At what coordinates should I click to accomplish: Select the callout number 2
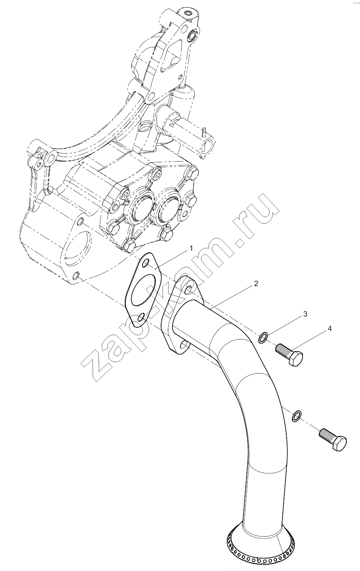pos(256,283)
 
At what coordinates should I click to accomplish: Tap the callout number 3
pos(305,314)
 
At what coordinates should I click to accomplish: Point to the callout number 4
pos(330,329)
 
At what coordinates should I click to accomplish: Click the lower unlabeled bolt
pos(333,439)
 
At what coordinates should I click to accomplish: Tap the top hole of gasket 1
pos(146,263)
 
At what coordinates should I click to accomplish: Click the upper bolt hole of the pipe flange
pos(189,289)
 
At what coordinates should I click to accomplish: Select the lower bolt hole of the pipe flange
pos(185,345)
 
